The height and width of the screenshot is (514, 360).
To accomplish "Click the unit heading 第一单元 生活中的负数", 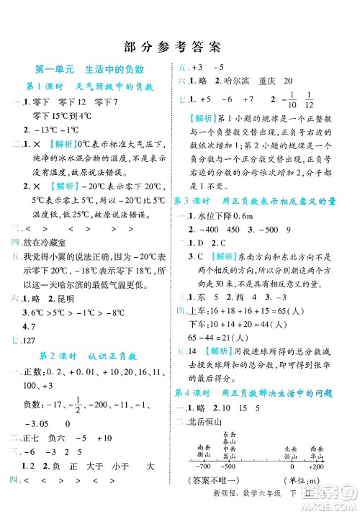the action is [90, 69].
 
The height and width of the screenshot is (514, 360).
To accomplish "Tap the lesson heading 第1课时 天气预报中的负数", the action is [90, 86].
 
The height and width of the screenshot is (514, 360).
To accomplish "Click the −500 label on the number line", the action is [228, 467].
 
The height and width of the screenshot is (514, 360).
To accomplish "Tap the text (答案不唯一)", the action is [212, 481].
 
